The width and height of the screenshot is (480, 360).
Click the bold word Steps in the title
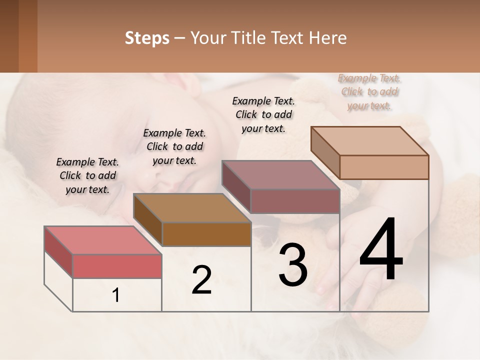point(147,38)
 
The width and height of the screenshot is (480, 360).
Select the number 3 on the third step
point(293,265)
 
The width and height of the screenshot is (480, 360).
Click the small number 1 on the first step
point(116,295)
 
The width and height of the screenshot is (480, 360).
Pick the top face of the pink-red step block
point(102,240)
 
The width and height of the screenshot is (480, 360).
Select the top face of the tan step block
point(369,141)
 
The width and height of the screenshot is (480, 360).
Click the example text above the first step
point(87,175)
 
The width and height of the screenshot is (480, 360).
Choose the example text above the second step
point(174,146)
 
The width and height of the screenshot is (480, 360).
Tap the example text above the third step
point(263,114)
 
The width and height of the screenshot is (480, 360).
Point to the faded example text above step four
point(369,92)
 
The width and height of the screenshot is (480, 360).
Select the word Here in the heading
point(328,38)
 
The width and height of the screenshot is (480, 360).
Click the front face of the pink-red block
point(117,266)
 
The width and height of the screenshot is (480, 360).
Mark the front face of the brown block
point(206,234)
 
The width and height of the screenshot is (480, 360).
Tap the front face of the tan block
point(384,167)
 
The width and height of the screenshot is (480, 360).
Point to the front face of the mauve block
point(295,201)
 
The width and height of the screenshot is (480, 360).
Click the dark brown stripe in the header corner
point(9,36)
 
